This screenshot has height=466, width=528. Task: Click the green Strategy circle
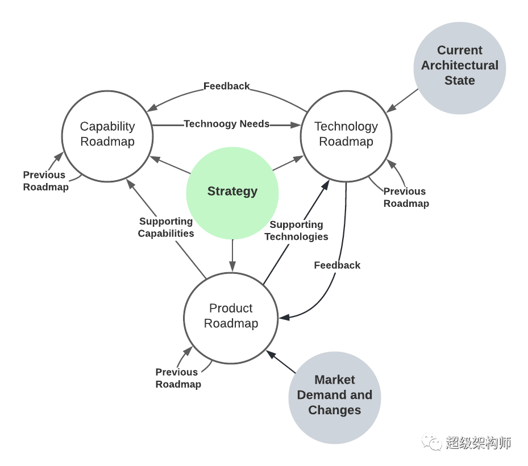pyautogui.click(x=232, y=193)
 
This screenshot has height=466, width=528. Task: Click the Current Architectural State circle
pyautogui.click(x=460, y=68)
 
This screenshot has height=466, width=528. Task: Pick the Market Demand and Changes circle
pyautogui.click(x=334, y=398)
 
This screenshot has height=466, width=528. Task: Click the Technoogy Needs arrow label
pyautogui.click(x=227, y=124)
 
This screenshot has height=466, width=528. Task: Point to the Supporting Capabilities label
pyautogui.click(x=165, y=227)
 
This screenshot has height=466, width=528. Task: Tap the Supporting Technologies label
pyautogui.click(x=296, y=230)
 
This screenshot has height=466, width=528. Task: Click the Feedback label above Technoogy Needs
pyautogui.click(x=227, y=86)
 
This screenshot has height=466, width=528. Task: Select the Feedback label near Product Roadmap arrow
pyautogui.click(x=337, y=265)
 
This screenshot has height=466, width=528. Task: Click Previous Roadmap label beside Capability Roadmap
pyautogui.click(x=45, y=181)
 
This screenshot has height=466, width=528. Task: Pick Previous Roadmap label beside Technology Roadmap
pyautogui.click(x=406, y=197)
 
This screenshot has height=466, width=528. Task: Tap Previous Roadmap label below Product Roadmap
pyautogui.click(x=178, y=378)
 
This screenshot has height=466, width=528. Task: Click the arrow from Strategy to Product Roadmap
pyautogui.click(x=232, y=255)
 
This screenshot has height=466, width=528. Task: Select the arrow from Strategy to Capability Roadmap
pyautogui.click(x=170, y=165)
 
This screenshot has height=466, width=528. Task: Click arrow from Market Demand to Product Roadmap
pyautogui.click(x=281, y=361)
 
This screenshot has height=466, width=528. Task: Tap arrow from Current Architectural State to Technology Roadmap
pyautogui.click(x=402, y=101)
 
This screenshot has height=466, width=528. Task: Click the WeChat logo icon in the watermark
pyautogui.click(x=431, y=442)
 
